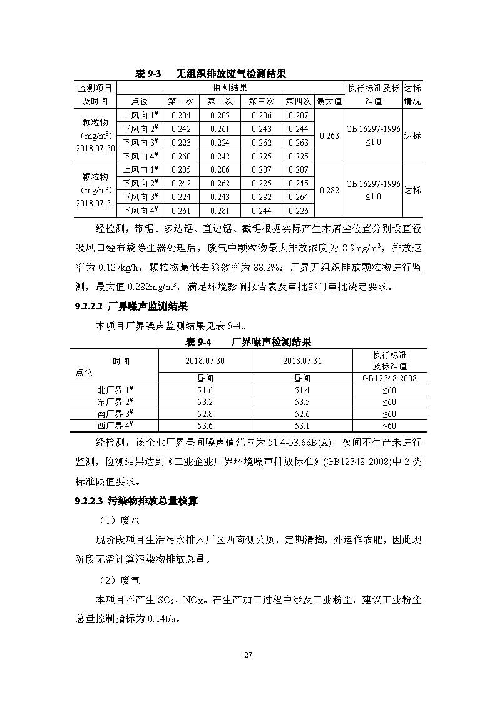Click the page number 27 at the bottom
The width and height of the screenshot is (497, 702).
click(248, 654)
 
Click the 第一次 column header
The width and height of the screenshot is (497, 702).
click(180, 101)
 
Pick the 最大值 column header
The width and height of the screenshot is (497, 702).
click(329, 101)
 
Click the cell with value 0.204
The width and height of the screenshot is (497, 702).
click(180, 115)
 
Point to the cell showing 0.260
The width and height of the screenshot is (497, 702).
click(180, 156)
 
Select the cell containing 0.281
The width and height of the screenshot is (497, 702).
click(220, 211)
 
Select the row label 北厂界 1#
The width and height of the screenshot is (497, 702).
click(113, 390)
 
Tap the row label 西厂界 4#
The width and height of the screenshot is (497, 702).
click(113, 426)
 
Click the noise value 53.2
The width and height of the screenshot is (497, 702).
click(205, 402)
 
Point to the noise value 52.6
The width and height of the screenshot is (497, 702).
click(302, 414)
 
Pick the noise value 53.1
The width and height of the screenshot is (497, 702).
click(302, 426)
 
